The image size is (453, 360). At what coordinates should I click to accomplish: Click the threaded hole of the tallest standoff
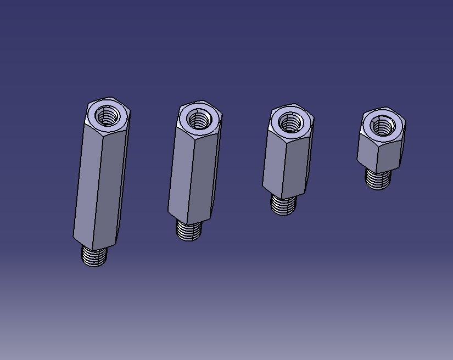108,116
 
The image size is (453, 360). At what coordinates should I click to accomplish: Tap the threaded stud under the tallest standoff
94,255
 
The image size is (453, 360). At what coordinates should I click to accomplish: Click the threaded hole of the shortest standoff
382,126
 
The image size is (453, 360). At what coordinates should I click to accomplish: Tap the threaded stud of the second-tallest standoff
188,229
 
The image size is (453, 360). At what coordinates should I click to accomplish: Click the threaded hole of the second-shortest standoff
290,122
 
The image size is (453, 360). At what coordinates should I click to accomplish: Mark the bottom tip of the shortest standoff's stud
378,188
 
